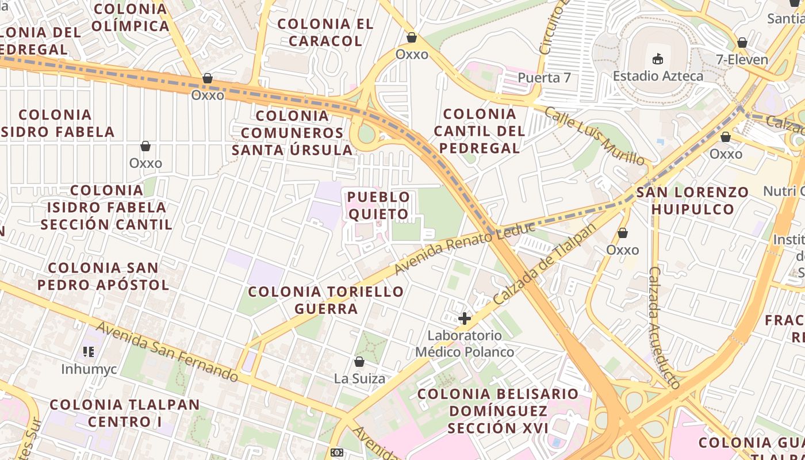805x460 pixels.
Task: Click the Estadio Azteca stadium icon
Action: (658, 58)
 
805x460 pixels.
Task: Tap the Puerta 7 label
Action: (544, 77)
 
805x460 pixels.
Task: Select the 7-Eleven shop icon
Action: (742, 43)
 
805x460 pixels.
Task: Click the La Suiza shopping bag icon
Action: (359, 362)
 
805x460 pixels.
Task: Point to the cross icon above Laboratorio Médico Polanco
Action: (465, 318)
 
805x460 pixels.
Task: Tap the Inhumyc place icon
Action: (89, 351)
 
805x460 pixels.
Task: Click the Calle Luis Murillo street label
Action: (594, 136)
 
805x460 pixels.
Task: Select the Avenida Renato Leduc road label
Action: (465, 248)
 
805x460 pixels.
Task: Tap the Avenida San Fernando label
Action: (166, 352)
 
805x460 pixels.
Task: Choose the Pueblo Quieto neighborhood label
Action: (378, 206)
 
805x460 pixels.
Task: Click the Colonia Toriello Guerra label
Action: (326, 300)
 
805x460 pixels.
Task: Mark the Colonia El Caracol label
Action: (325, 32)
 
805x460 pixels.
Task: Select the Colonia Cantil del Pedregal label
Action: (480, 131)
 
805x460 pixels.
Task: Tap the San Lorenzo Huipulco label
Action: (693, 200)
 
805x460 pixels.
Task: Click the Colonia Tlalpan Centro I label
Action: (124, 413)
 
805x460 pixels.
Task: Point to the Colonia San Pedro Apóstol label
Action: (103, 276)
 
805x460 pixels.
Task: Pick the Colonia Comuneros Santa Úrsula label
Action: (292, 133)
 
